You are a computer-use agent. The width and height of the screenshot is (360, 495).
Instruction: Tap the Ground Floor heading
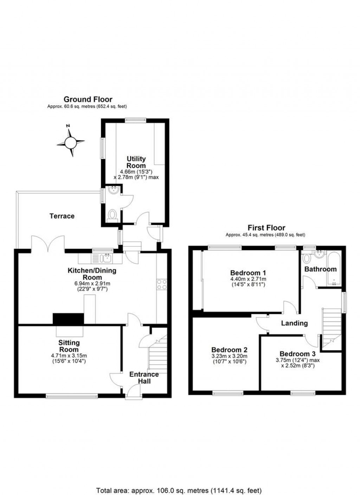point(88,99)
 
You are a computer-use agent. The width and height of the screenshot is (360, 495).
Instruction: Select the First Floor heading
point(266,228)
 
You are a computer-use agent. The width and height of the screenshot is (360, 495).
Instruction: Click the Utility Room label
point(136,162)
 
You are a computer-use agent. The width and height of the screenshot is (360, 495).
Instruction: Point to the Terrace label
point(62,216)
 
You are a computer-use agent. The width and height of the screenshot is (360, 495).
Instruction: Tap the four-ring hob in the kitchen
point(162,284)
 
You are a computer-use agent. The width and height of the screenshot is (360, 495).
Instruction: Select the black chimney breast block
point(68,319)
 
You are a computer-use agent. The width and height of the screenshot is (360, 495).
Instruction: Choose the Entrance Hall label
point(144,377)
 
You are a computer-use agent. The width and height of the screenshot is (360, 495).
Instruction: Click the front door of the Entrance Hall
point(133,391)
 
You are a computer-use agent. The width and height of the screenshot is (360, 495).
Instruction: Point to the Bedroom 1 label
point(248,272)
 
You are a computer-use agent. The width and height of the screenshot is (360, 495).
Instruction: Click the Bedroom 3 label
point(297,354)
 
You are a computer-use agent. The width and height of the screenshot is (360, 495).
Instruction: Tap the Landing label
point(294,323)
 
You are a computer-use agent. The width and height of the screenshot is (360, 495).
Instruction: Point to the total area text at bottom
point(179,490)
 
